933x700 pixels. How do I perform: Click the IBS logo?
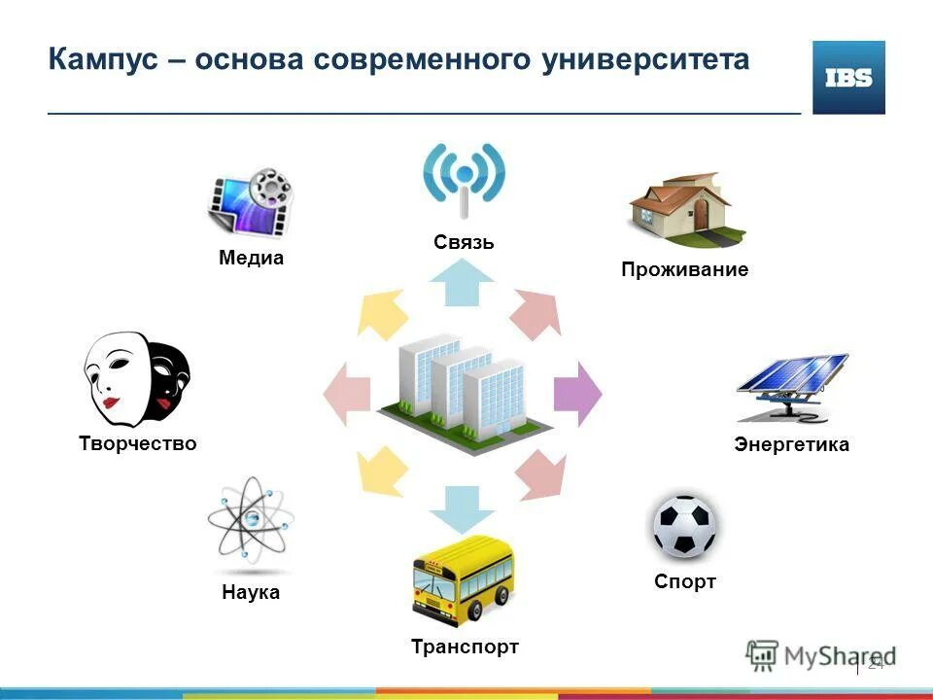pyautogui.click(x=848, y=78)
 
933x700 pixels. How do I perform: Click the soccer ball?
pyautogui.click(x=684, y=528)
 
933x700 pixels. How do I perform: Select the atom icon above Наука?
pyautogui.click(x=250, y=524)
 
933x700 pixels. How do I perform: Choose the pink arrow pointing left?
pyautogui.click(x=347, y=394)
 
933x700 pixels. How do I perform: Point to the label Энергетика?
pyautogui.click(x=791, y=445)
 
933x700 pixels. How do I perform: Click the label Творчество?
pyautogui.click(x=137, y=444)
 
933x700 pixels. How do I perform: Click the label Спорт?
pyautogui.click(x=684, y=582)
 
